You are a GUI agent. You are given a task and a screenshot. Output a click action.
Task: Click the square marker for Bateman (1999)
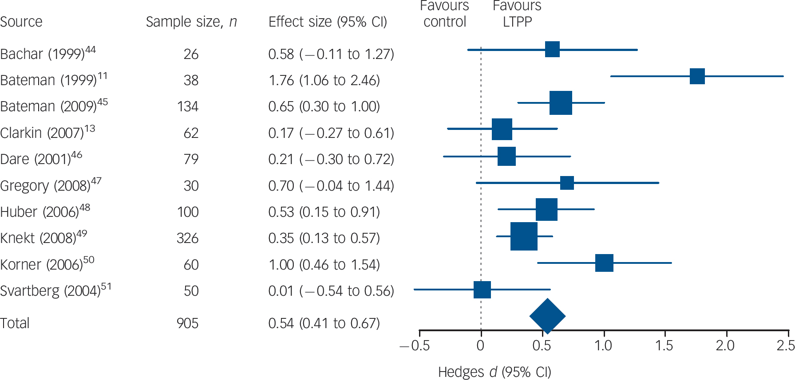697,76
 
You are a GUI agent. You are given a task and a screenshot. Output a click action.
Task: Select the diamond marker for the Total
547,316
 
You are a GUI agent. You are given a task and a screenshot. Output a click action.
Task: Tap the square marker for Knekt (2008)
524,236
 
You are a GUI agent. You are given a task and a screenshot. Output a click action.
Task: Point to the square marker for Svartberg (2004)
482,290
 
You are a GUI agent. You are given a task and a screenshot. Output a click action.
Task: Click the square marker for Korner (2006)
604,263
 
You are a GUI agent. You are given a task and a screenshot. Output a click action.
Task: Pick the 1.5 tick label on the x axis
664,346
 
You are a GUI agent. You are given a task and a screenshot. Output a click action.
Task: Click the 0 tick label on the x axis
480,346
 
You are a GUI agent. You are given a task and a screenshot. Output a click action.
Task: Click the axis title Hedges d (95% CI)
494,372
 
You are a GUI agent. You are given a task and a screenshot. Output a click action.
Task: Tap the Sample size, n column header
191,22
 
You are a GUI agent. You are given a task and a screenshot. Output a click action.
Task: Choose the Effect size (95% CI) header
328,22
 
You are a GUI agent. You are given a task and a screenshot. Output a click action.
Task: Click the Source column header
21,22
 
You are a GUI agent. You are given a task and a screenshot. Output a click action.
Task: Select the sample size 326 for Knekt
187,239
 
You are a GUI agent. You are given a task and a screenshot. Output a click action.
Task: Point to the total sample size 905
187,323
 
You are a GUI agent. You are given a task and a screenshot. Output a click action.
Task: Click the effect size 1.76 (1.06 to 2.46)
324,80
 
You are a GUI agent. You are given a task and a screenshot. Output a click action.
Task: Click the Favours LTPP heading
517,14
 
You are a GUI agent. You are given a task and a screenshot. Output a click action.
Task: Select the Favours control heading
445,14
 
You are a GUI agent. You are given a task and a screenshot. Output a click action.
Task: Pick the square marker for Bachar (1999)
552,49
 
